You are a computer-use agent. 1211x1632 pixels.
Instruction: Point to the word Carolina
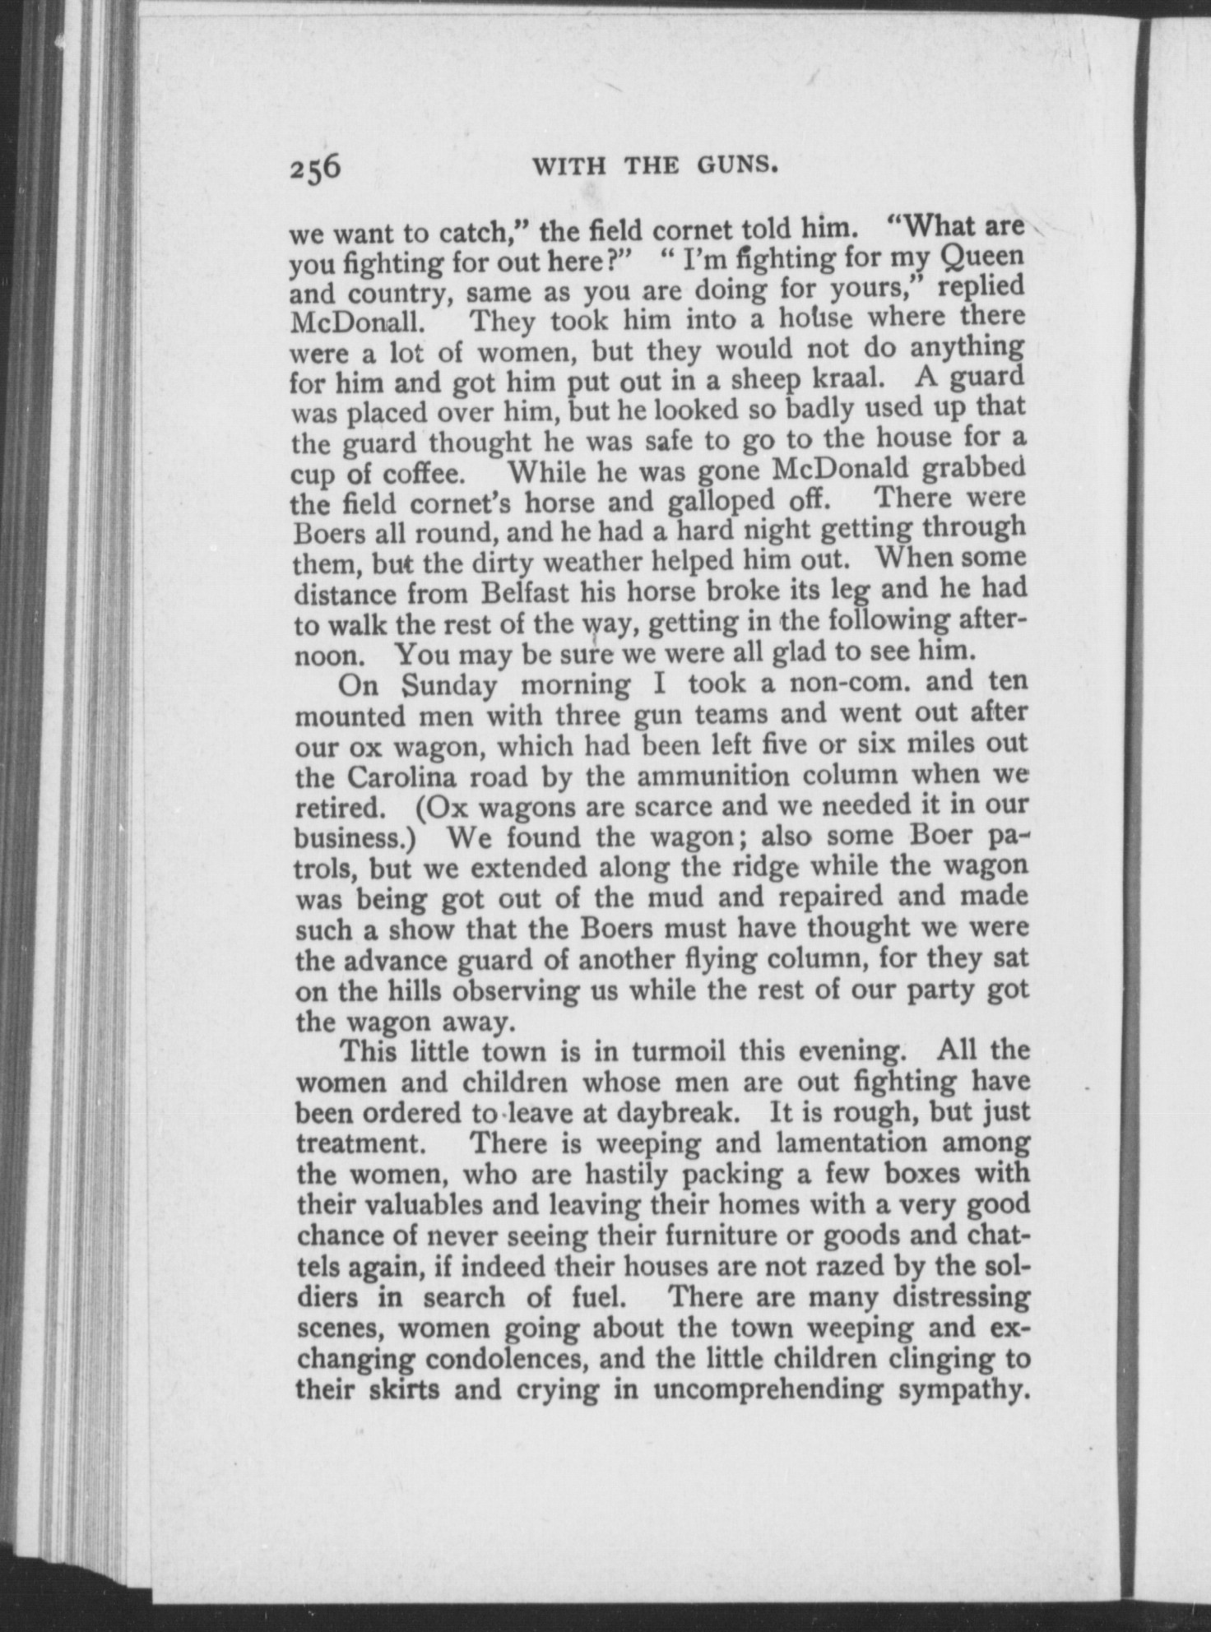point(405,776)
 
